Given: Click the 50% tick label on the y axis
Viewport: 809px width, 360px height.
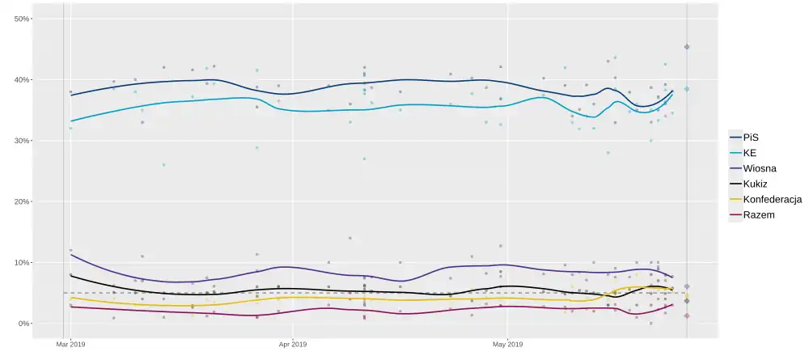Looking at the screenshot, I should click(22, 19).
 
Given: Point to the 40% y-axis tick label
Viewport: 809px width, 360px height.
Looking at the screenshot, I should click(22, 80).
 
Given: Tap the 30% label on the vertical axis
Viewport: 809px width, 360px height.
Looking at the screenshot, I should click(22, 141).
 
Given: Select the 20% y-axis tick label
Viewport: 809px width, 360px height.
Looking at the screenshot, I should click(22, 201).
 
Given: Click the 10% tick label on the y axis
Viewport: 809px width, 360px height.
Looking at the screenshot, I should click(22, 263).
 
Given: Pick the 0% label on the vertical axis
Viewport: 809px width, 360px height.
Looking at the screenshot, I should click(23, 324).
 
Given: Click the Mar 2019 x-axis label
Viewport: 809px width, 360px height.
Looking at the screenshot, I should click(70, 344).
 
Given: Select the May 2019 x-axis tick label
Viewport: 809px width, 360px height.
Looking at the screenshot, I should click(507, 344).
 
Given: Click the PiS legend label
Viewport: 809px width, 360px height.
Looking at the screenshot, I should click(751, 138).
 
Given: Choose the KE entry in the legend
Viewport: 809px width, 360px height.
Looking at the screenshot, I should click(750, 153).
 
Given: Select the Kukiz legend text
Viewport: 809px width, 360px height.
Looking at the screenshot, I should click(756, 184).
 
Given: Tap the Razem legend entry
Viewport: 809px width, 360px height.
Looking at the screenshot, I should click(759, 214).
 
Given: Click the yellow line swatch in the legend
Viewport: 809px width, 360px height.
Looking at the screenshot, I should click(735, 199).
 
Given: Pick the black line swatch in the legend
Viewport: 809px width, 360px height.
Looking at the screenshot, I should click(735, 184).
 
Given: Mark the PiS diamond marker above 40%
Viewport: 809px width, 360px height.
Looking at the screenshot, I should click(687, 47).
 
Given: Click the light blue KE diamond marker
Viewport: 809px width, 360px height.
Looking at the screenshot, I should click(687, 89).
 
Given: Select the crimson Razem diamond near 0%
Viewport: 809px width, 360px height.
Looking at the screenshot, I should click(687, 316).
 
